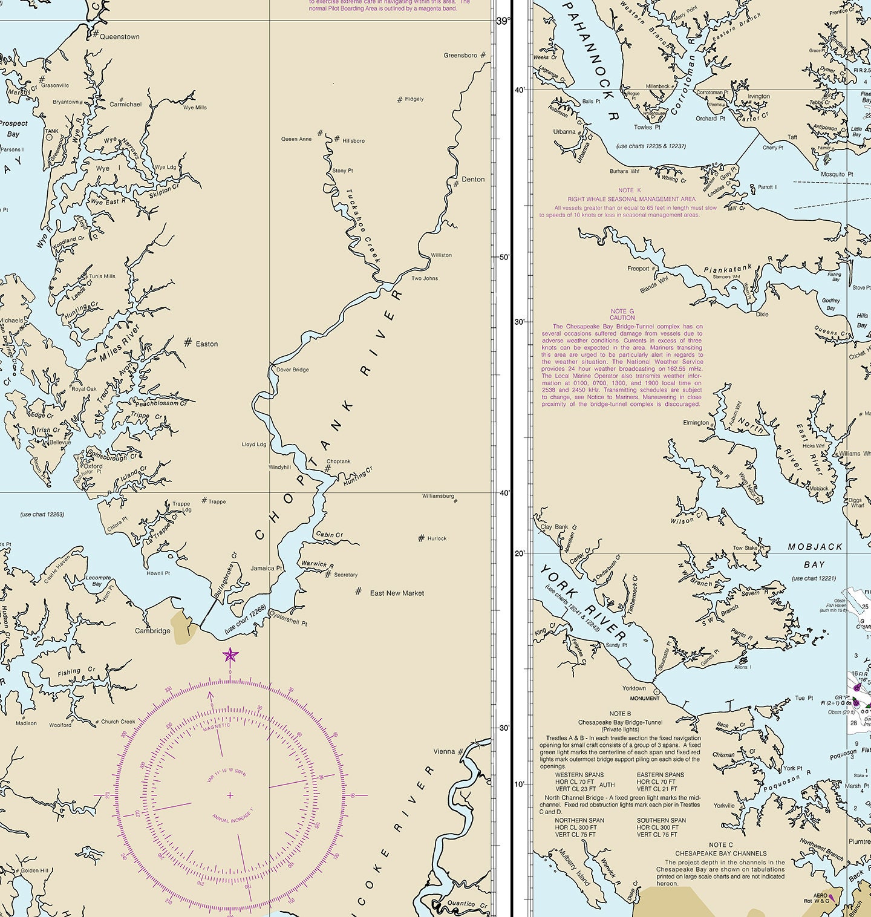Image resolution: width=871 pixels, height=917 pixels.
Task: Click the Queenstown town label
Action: pos(119,37)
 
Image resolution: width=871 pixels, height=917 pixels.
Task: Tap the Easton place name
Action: pos(206,344)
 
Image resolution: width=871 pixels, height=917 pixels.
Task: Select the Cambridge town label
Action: pos(152,631)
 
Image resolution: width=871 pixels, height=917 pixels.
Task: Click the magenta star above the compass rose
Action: pos(230,655)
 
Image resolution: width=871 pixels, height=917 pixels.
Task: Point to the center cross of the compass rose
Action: pos(230,795)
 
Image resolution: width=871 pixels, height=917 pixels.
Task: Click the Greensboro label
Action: pos(460,56)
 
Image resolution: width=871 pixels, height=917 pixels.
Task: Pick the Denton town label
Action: pos(473,180)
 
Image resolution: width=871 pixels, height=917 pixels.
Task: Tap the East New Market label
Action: pos(397,593)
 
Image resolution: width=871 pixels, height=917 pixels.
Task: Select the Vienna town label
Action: pos(444,752)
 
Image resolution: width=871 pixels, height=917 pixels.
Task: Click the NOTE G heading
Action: pos(622,311)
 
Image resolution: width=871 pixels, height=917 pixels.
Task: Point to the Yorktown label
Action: pos(634,688)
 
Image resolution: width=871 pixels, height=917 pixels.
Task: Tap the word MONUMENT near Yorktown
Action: pos(644,699)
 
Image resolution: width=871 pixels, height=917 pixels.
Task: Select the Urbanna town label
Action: pos(564,132)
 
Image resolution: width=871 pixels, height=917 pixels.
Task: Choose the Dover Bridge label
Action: pos(292,370)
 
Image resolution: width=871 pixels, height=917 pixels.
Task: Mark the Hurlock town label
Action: pos(437,538)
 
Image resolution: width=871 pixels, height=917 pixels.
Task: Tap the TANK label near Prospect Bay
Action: pos(51,131)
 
